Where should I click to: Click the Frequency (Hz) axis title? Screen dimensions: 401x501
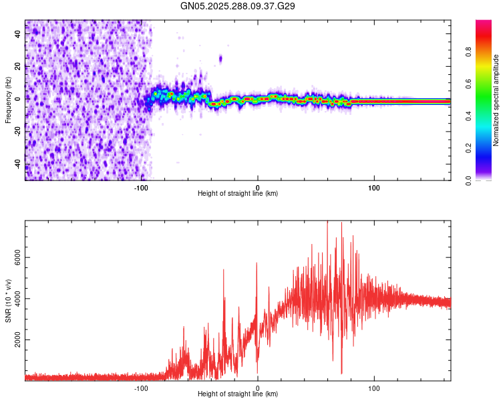(8, 100)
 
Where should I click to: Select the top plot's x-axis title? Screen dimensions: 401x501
(238, 193)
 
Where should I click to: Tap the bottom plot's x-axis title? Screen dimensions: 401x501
(238, 394)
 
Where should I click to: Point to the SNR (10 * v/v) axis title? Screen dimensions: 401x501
(8, 300)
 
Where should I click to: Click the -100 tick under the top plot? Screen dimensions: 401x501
(141, 187)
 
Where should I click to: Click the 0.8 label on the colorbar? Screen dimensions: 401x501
(469, 52)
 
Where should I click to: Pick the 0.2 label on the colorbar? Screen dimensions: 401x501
(469, 148)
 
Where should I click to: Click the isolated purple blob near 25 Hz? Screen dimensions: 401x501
(220, 59)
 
